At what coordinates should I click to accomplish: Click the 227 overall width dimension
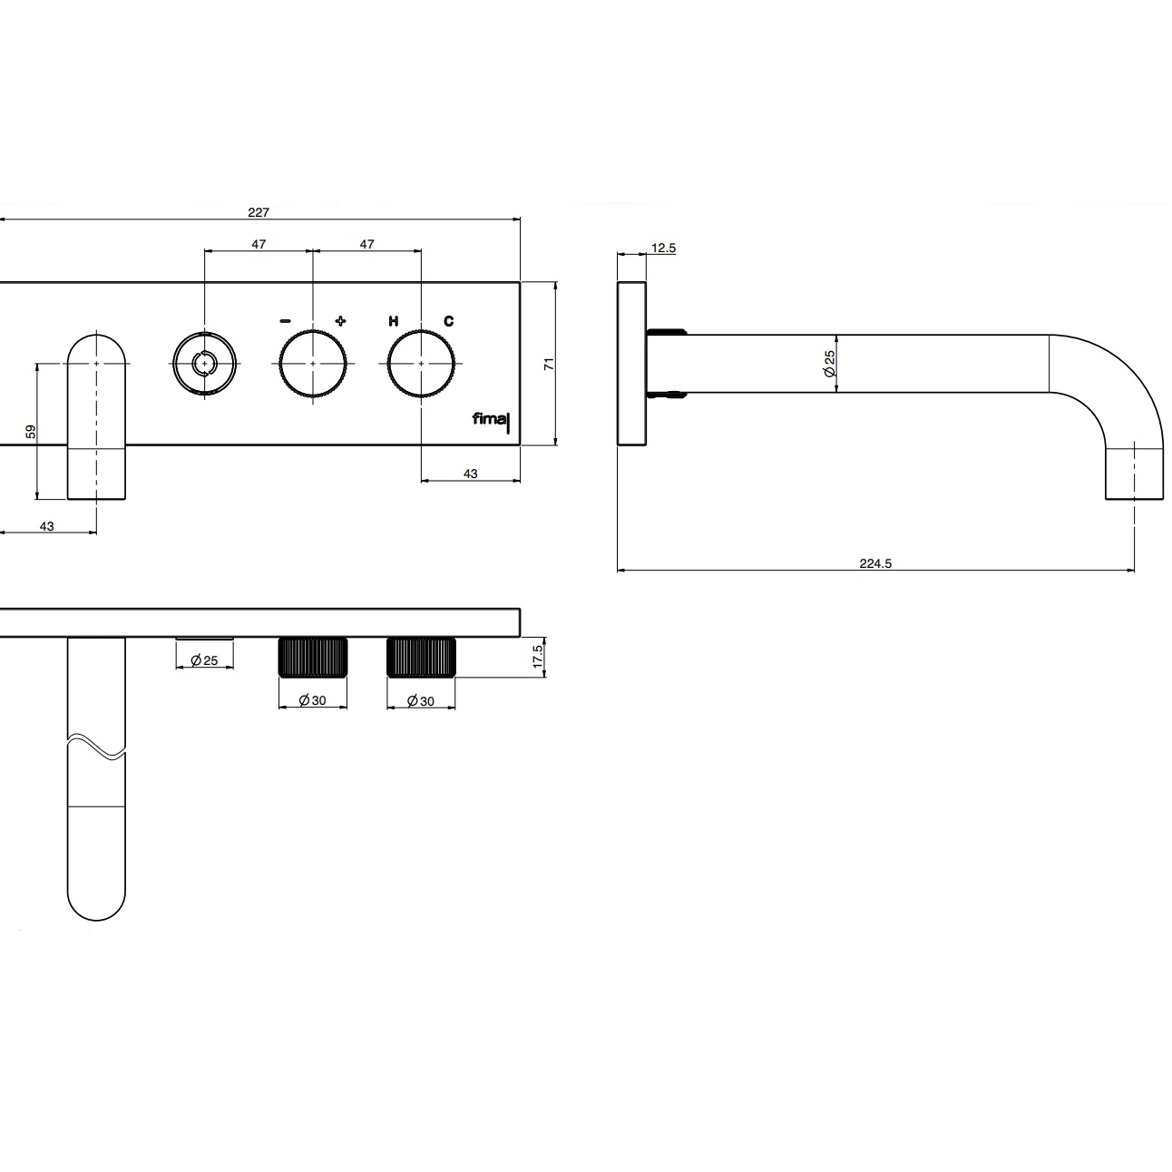point(259,212)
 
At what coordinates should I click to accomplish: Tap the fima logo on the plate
point(490,420)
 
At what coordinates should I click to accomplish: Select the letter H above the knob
point(394,321)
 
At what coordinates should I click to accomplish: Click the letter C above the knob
point(449,321)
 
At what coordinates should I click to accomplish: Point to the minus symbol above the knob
point(285,321)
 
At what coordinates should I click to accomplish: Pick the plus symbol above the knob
point(340,320)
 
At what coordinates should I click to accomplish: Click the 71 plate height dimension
point(549,365)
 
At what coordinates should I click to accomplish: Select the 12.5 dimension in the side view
point(663,249)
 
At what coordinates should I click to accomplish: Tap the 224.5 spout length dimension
point(875,564)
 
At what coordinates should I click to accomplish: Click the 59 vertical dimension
point(31,432)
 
